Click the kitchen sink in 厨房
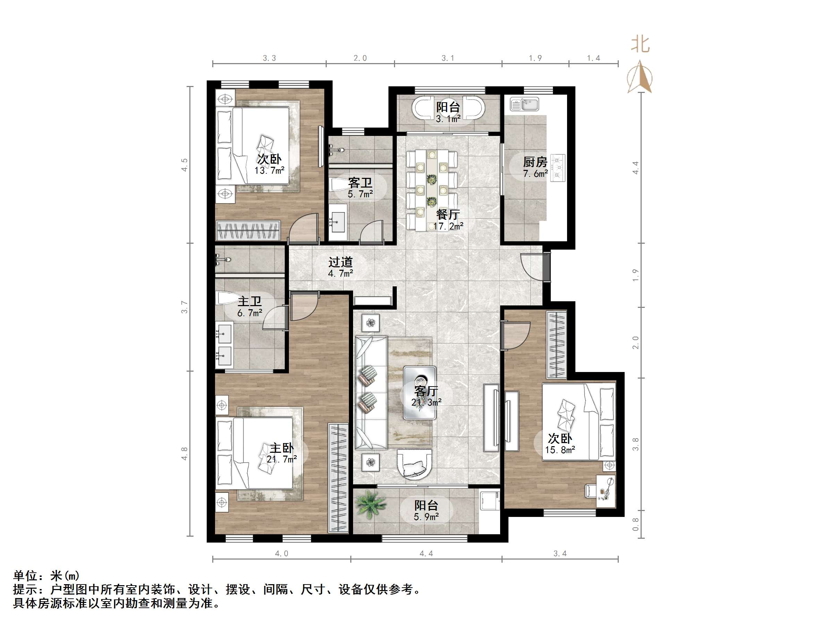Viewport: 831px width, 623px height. pos(524,104)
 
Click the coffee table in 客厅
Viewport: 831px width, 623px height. pos(420,393)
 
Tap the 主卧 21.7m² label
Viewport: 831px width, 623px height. pos(282,453)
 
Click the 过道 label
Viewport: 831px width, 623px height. pos(340,262)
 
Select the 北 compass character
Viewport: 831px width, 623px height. pos(640,44)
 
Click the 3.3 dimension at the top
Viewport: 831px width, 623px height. pos(269,58)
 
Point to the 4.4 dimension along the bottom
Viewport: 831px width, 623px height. pos(426,554)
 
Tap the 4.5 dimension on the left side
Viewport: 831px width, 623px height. pos(185,165)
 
